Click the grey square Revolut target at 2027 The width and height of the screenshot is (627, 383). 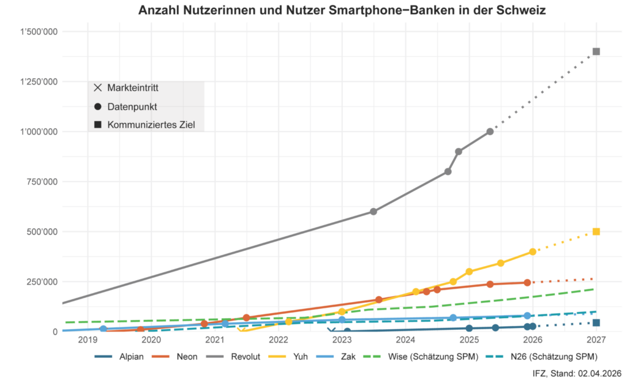[x=596, y=51]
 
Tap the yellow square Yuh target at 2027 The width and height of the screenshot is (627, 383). [x=596, y=231]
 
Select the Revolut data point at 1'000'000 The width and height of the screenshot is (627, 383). [x=490, y=132]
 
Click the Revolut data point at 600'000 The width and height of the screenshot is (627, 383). [x=374, y=212]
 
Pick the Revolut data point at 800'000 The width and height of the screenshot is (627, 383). [x=448, y=172]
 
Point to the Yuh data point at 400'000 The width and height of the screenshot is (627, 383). [x=533, y=251]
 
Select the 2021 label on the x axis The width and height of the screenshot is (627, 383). [x=215, y=341]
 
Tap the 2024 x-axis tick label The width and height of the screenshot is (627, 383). [x=406, y=341]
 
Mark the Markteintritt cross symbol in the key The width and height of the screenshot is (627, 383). [x=98, y=88]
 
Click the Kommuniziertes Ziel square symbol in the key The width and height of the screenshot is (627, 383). [x=98, y=125]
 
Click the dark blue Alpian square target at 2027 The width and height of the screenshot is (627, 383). [x=596, y=323]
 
